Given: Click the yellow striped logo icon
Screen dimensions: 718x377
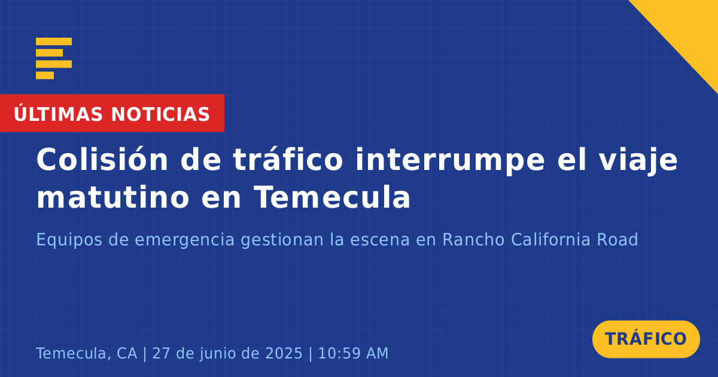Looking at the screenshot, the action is pos(54,59).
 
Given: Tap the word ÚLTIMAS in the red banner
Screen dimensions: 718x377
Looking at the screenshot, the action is pos(58,114).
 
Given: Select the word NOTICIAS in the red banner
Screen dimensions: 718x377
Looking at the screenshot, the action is pos(160,114).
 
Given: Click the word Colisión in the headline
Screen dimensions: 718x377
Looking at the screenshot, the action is pos(102,159).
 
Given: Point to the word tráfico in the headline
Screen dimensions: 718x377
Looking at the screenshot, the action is pos(288,159).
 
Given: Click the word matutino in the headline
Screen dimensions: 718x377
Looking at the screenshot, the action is pos(113,197).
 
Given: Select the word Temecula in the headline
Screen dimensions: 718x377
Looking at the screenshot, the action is pos(331,197).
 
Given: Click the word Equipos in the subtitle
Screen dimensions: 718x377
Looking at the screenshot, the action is pos(69,240).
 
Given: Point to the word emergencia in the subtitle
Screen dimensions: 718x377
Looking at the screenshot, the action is pos(184,240).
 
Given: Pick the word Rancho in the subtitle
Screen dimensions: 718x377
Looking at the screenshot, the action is pos(473,239).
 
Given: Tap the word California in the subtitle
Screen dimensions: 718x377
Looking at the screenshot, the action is pos(550,239).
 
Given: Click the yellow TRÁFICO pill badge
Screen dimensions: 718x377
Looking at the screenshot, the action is pos(646,339).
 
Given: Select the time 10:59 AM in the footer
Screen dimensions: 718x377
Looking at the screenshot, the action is pos(353,353).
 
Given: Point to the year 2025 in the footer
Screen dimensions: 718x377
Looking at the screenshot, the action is pos(284,353).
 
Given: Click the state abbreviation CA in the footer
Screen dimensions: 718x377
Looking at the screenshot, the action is pos(127,353).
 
